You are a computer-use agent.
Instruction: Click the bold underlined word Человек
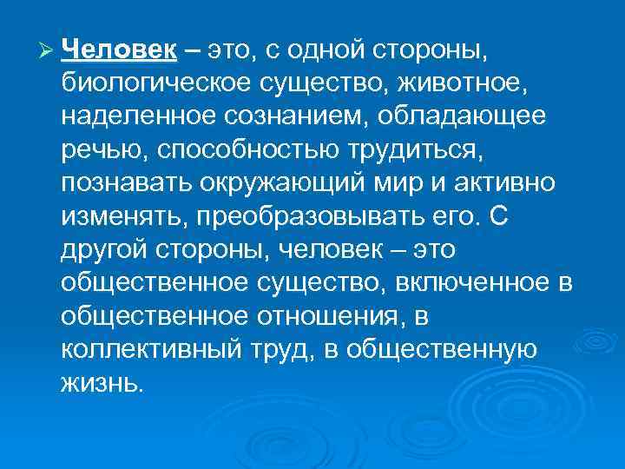click(x=120, y=50)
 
